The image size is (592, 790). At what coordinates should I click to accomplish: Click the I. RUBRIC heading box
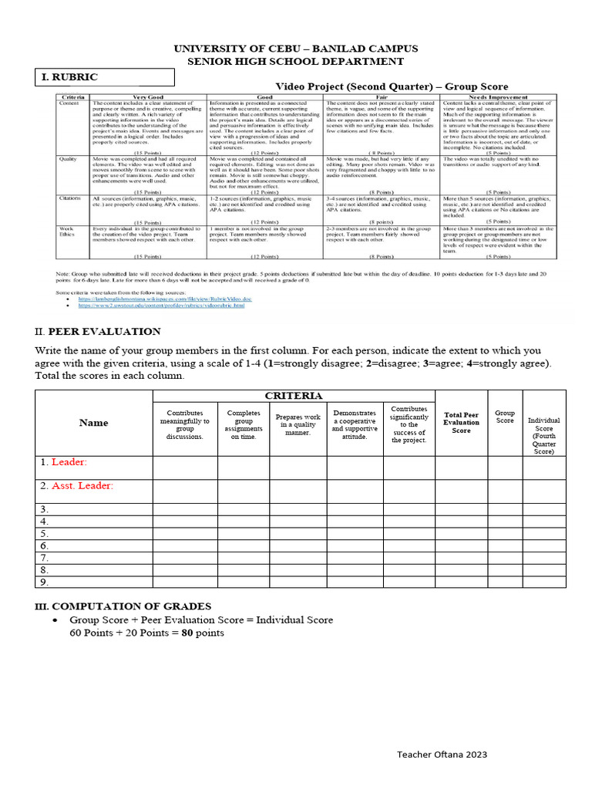[106, 77]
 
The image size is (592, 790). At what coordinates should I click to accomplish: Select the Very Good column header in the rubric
[148, 97]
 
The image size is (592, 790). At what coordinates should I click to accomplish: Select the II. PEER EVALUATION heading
[98, 332]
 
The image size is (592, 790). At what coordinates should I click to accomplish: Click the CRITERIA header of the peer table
[294, 396]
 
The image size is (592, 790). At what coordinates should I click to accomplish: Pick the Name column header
[93, 423]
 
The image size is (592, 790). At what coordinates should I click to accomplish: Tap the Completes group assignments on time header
[243, 425]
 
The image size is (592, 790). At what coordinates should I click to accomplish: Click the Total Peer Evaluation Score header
[461, 422]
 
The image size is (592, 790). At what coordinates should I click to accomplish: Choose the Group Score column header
[505, 417]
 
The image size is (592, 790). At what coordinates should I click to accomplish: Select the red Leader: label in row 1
[69, 462]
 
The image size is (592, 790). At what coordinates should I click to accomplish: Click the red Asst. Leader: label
[82, 485]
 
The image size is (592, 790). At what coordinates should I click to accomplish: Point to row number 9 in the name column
[45, 582]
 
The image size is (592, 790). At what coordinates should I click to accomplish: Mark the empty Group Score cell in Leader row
[505, 468]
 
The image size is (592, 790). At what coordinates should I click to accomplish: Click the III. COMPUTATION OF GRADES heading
[123, 606]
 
